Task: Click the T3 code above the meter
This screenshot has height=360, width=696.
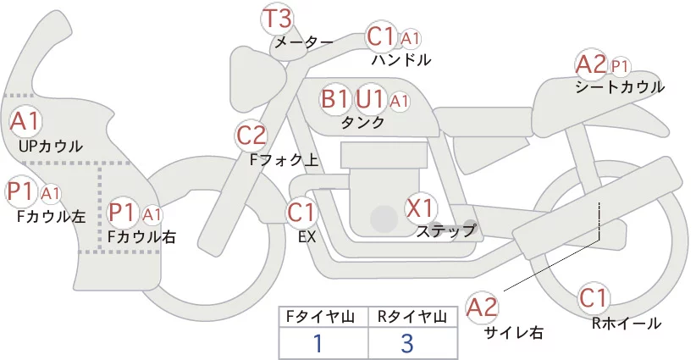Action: (x=278, y=19)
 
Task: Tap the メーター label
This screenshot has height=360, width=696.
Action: (x=304, y=42)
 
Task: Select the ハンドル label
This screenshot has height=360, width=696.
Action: (x=401, y=59)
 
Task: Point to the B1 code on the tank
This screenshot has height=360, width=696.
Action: (x=334, y=98)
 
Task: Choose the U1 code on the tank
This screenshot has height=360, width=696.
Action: (x=369, y=98)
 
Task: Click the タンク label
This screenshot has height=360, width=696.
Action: (x=362, y=122)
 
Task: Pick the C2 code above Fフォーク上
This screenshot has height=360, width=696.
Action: (x=251, y=136)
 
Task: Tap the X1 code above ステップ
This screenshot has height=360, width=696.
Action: (x=420, y=208)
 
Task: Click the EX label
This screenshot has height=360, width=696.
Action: (x=307, y=237)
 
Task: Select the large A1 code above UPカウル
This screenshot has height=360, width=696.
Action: (x=25, y=121)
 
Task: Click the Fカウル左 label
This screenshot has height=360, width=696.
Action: (x=51, y=217)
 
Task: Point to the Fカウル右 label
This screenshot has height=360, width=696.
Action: (x=142, y=237)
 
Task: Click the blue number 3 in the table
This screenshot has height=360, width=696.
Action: (x=407, y=343)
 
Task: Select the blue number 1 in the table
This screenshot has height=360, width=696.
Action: (x=318, y=343)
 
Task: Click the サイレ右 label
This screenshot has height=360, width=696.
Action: (x=514, y=332)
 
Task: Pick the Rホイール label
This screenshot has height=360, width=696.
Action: (x=627, y=324)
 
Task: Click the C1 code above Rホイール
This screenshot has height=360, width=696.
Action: (x=594, y=298)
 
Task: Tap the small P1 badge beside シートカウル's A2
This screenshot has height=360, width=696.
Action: (x=620, y=67)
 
